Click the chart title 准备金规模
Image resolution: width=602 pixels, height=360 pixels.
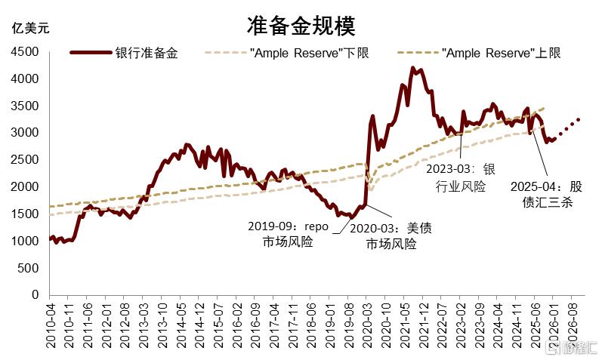pos(301,26)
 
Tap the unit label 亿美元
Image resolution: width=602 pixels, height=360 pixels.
pos(31,28)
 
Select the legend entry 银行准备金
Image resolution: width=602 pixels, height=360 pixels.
pos(124,53)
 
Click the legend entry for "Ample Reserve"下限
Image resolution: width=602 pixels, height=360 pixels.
pos(287,53)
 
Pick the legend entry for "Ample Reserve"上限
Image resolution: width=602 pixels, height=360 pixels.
pos(479,53)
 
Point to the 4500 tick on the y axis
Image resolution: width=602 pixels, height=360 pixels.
pos(25,51)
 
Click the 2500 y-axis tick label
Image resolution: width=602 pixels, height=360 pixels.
pos(25,160)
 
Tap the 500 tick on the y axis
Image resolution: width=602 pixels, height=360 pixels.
pos(28,268)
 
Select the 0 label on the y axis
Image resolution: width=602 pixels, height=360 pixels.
pos(36,295)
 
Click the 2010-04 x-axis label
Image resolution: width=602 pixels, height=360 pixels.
pos(51,325)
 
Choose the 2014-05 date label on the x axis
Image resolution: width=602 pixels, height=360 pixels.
pos(181,325)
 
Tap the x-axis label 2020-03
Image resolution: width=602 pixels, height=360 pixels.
pos(366,325)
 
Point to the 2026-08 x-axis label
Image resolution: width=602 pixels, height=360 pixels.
pos(572,325)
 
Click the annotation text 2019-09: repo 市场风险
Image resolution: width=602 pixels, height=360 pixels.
pos(288,234)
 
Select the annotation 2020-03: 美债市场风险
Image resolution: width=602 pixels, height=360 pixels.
pos(391,235)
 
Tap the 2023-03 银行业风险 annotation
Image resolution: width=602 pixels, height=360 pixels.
pos(461,177)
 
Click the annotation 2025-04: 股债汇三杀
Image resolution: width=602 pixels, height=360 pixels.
pos(546,194)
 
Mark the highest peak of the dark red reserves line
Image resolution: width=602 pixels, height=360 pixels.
pos(413,69)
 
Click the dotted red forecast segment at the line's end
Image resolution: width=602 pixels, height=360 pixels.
pos(569,127)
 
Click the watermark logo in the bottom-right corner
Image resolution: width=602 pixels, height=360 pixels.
pos(571,349)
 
